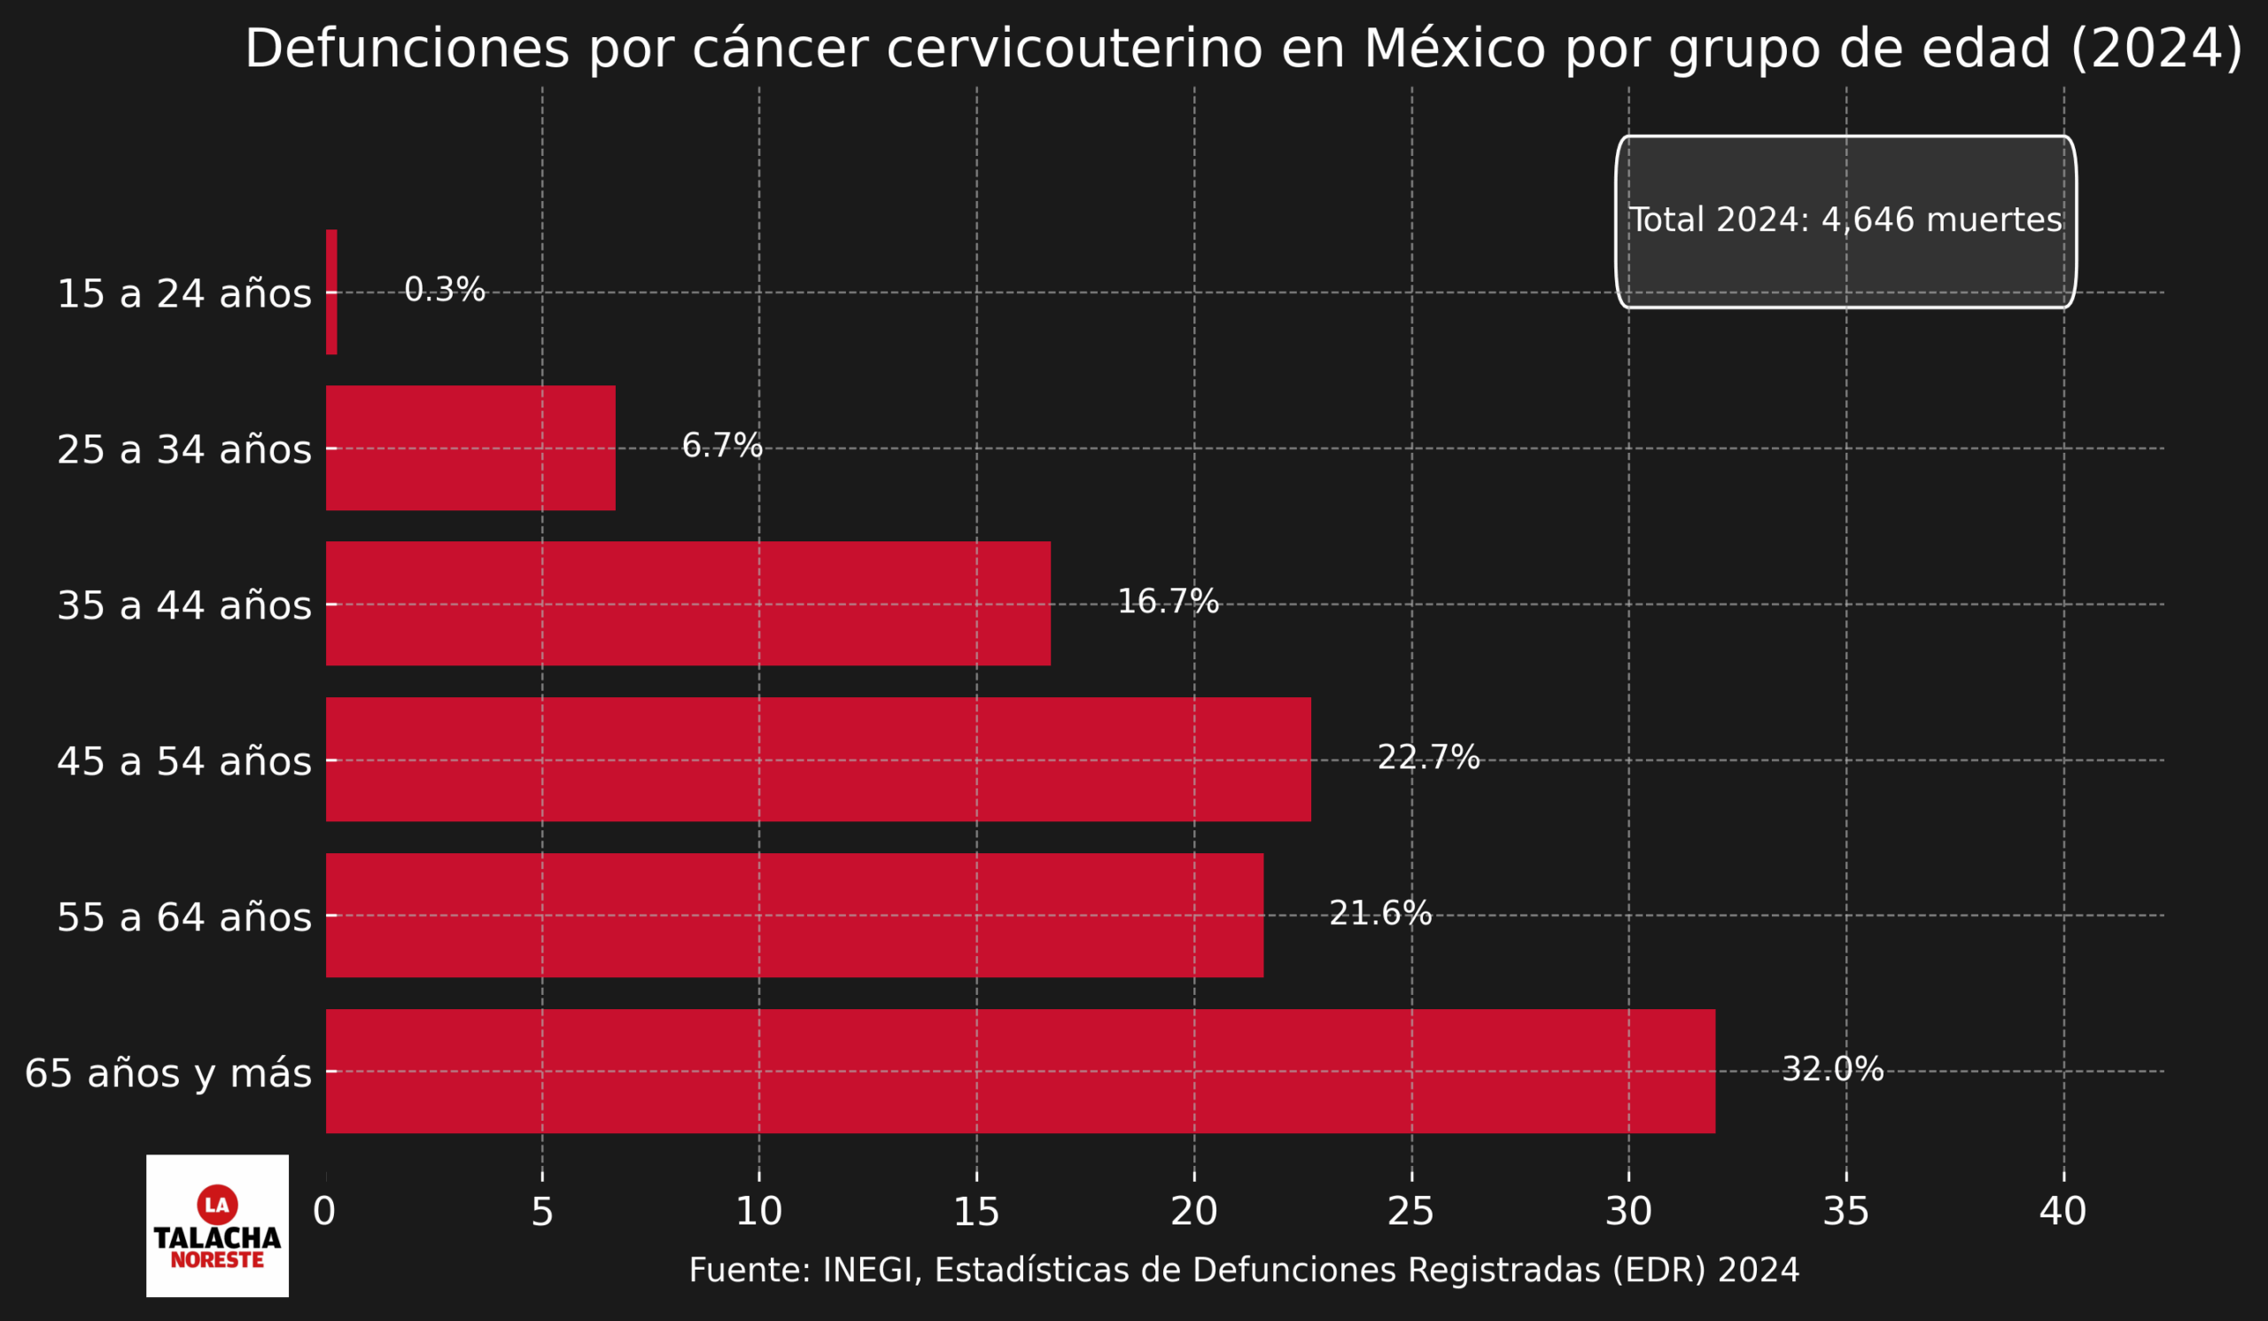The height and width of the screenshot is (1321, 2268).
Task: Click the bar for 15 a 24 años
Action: point(331,291)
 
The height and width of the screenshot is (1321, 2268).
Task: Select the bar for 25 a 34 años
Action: point(470,447)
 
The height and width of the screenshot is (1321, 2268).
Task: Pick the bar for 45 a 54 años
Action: point(817,758)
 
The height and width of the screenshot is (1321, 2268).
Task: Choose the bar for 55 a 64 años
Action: point(794,914)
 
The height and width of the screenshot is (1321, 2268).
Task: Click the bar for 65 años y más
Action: point(1020,1070)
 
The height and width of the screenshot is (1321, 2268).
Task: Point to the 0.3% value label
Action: point(445,290)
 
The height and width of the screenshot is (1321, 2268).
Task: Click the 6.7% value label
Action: point(722,446)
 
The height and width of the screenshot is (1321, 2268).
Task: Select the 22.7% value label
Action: point(1428,757)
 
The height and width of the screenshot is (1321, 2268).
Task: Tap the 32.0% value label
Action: point(1832,1069)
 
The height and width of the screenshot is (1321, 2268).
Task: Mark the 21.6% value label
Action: point(1380,913)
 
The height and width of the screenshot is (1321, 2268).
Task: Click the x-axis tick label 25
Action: point(1410,1212)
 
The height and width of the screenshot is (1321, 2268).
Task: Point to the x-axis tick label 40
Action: point(2062,1212)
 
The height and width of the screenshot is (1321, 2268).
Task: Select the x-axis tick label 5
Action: point(542,1212)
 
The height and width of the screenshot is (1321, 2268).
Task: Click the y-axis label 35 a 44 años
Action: point(184,605)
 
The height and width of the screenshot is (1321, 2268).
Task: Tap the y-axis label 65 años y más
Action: point(168,1073)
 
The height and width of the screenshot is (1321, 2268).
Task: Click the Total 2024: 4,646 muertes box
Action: point(1846,221)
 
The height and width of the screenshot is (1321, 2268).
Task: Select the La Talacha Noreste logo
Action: point(217,1225)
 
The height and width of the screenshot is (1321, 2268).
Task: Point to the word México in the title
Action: point(1455,49)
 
